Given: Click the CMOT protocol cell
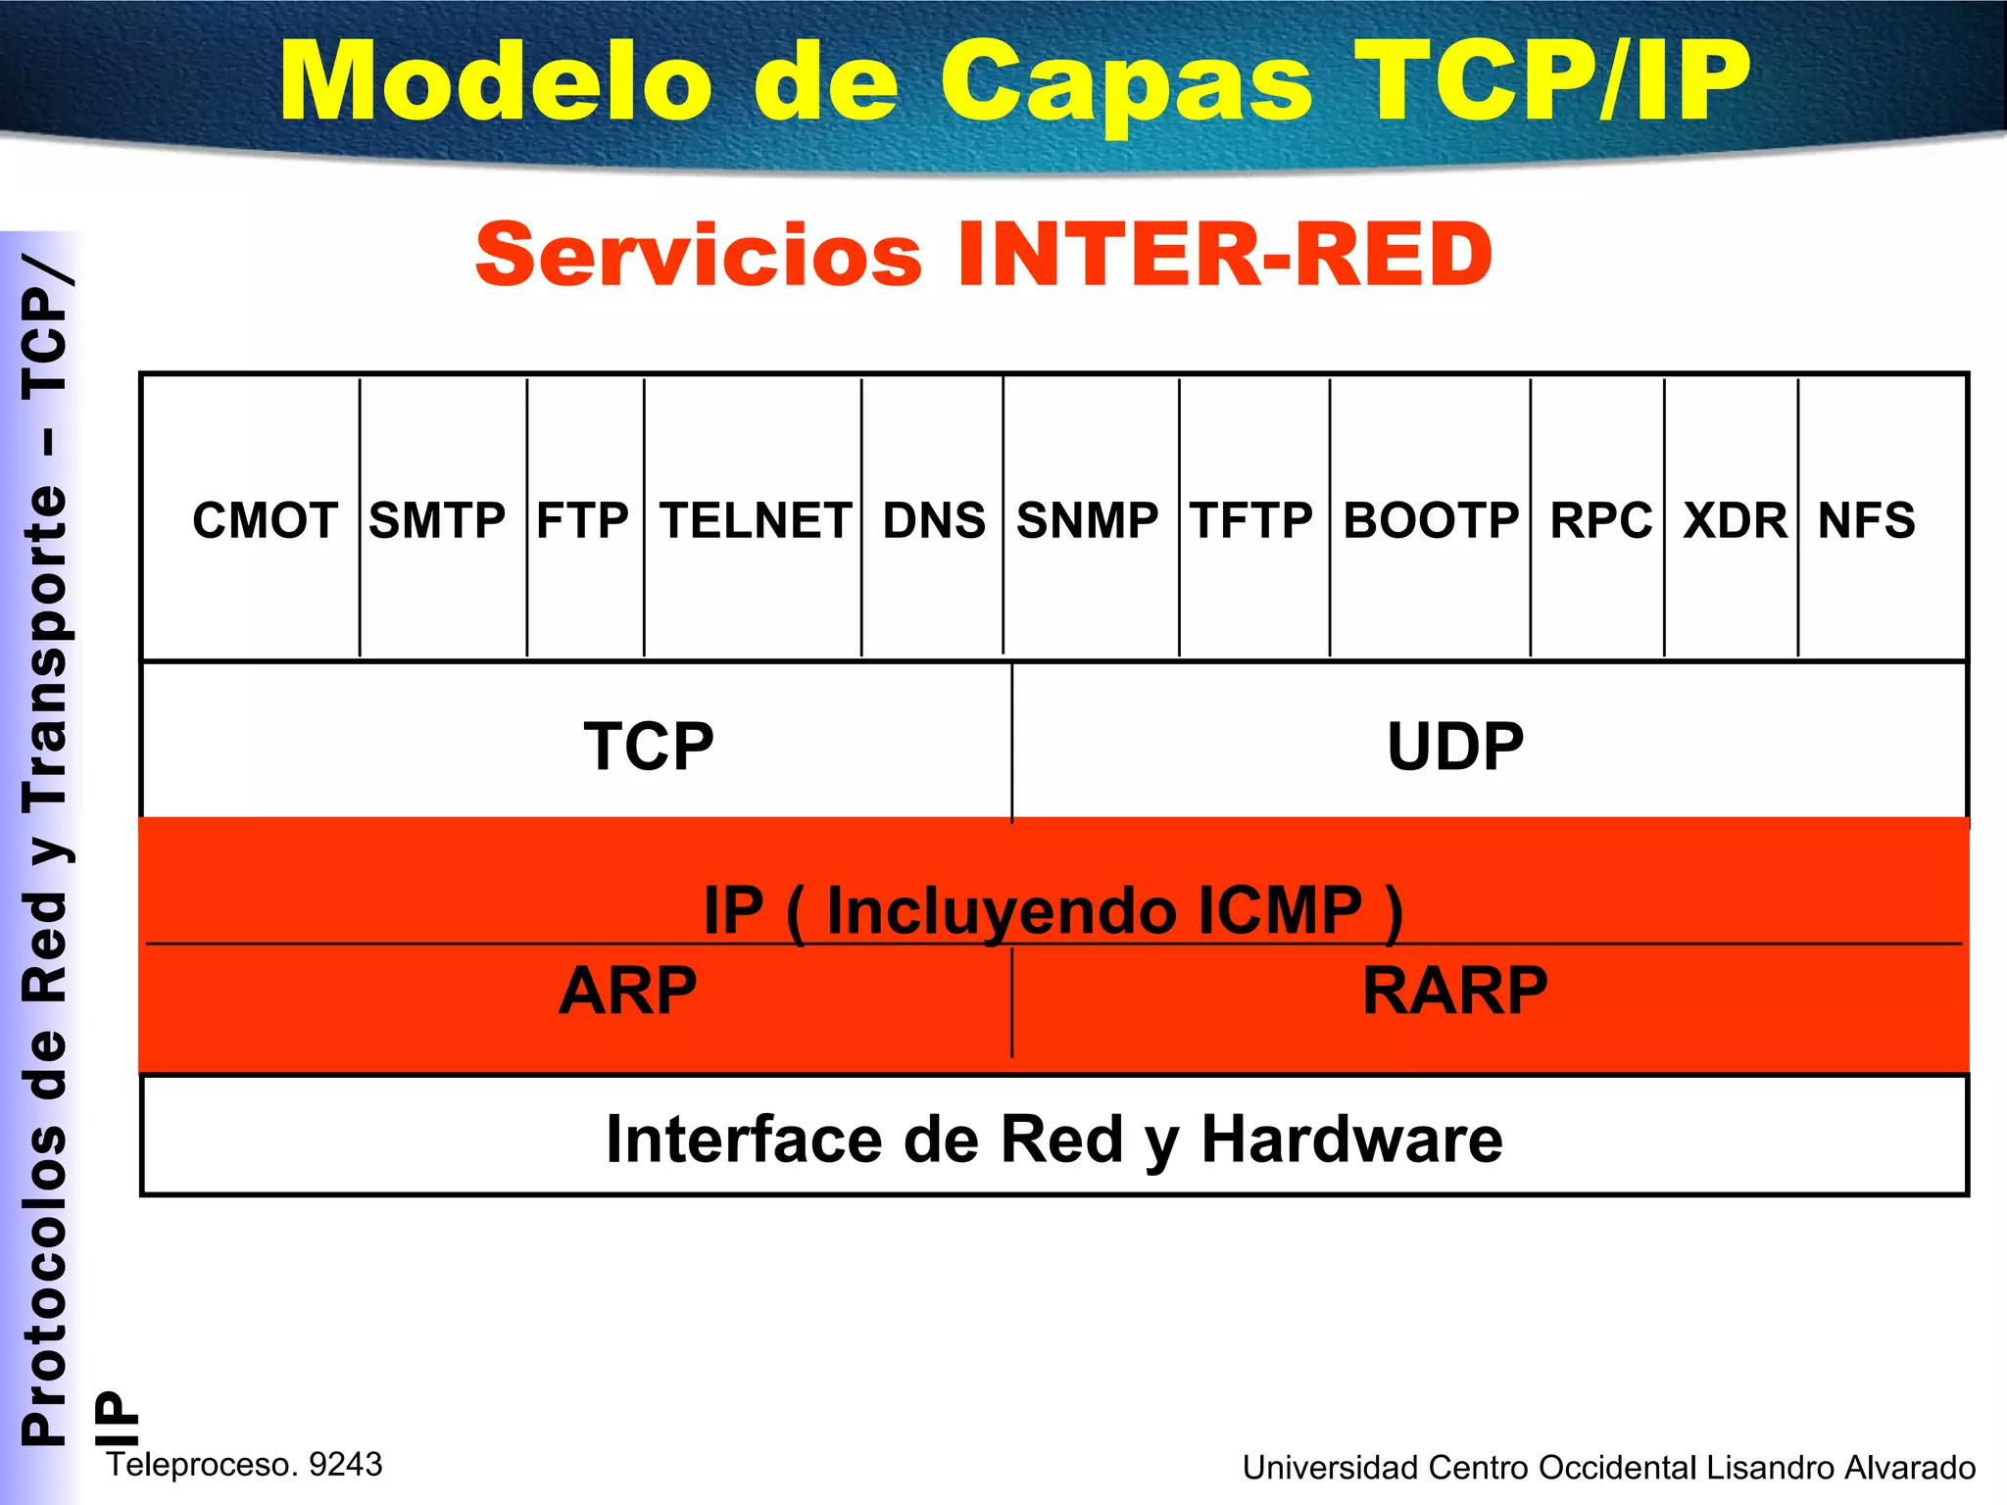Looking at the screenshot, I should click(265, 520).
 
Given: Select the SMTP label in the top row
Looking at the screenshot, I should click(437, 520).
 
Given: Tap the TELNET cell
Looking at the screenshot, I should click(755, 520).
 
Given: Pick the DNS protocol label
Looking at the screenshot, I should click(934, 520).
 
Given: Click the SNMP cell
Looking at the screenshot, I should click(1087, 520).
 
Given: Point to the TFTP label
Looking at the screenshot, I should click(1251, 520).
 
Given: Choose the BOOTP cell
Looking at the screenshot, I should click(1431, 520).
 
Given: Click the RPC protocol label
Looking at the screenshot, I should click(1600, 520).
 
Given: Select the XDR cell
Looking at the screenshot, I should click(1735, 520).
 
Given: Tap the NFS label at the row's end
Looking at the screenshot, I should click(1866, 520).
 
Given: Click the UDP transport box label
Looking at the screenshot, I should click(1455, 747).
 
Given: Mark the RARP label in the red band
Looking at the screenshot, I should click(1454, 991).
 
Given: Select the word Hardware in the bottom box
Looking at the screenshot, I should click(1351, 1140).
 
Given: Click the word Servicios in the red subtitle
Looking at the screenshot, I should click(699, 255).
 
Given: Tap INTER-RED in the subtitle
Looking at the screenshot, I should click(1224, 255).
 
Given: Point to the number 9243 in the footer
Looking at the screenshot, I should click(345, 1464).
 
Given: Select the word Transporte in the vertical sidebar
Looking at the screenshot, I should click(45, 648).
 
